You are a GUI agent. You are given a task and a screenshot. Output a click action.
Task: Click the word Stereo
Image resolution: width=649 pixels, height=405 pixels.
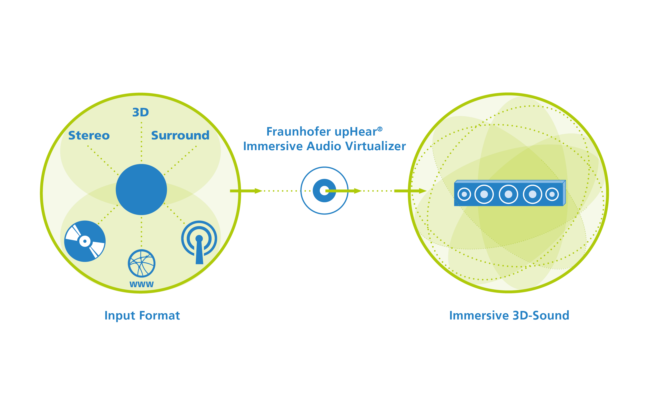[89, 136]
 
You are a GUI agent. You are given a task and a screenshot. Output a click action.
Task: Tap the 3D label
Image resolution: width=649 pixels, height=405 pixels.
[140, 112]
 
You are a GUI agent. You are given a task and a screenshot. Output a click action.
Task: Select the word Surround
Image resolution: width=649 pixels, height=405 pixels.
[180, 136]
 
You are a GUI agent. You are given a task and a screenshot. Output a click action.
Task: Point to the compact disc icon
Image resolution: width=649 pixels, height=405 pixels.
[85, 241]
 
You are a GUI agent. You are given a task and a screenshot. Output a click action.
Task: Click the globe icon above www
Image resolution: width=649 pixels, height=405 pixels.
[141, 263]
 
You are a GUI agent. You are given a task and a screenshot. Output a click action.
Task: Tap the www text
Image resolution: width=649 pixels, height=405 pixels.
[141, 284]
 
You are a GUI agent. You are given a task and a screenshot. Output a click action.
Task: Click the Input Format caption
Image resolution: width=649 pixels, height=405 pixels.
[142, 316]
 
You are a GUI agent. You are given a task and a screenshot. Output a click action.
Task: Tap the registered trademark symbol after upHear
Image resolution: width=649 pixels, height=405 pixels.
[380, 129]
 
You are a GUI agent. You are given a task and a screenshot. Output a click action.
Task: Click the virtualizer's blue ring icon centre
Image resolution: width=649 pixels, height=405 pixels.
[324, 190]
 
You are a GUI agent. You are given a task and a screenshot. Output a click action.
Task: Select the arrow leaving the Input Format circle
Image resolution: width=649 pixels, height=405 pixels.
[246, 191]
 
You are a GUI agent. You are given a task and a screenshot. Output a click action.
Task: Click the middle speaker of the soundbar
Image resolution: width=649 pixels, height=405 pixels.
[508, 194]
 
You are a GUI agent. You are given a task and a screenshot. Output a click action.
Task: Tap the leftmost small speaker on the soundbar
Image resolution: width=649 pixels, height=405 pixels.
[464, 194]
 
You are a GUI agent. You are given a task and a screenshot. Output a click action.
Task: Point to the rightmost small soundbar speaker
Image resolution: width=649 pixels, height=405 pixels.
[552, 194]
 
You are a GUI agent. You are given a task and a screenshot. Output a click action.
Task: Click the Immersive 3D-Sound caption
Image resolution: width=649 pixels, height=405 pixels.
[509, 316]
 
